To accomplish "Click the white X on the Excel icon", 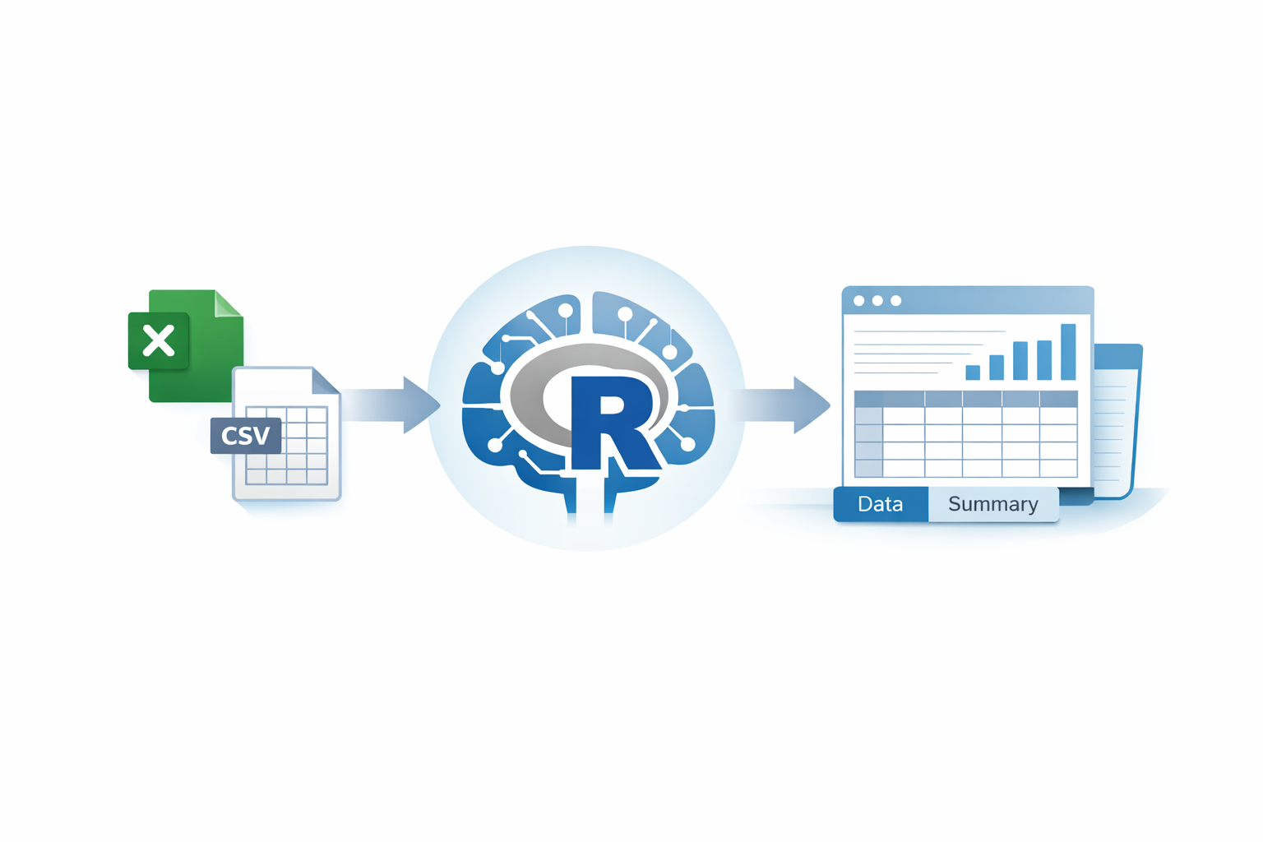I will (x=159, y=340).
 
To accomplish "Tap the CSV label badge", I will (x=245, y=436).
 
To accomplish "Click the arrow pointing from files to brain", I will (x=395, y=405).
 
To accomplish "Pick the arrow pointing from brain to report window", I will (x=785, y=405).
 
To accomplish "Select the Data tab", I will (x=880, y=504).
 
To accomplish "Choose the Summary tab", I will (x=992, y=504).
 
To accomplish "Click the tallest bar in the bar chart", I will (x=1068, y=352).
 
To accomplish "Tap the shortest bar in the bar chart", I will (x=973, y=372).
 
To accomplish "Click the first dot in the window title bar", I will (x=859, y=301).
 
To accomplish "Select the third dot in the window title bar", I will (x=896, y=301).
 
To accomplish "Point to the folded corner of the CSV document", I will (x=326, y=381).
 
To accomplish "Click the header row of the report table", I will (x=966, y=399).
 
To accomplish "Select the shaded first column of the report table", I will (x=868, y=442).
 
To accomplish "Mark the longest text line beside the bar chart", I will (x=929, y=331).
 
